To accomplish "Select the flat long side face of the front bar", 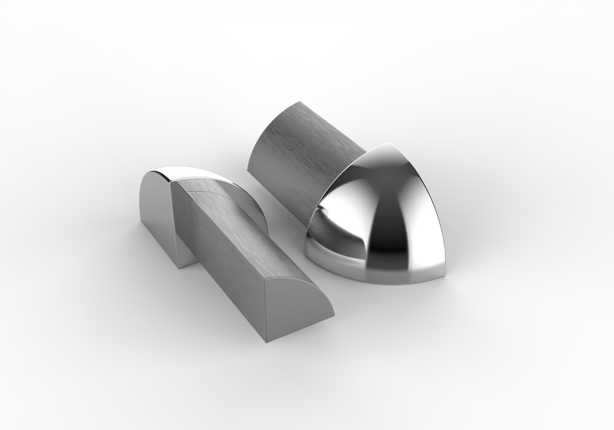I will pos(218,258).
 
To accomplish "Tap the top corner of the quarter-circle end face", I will pos(266,278).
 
